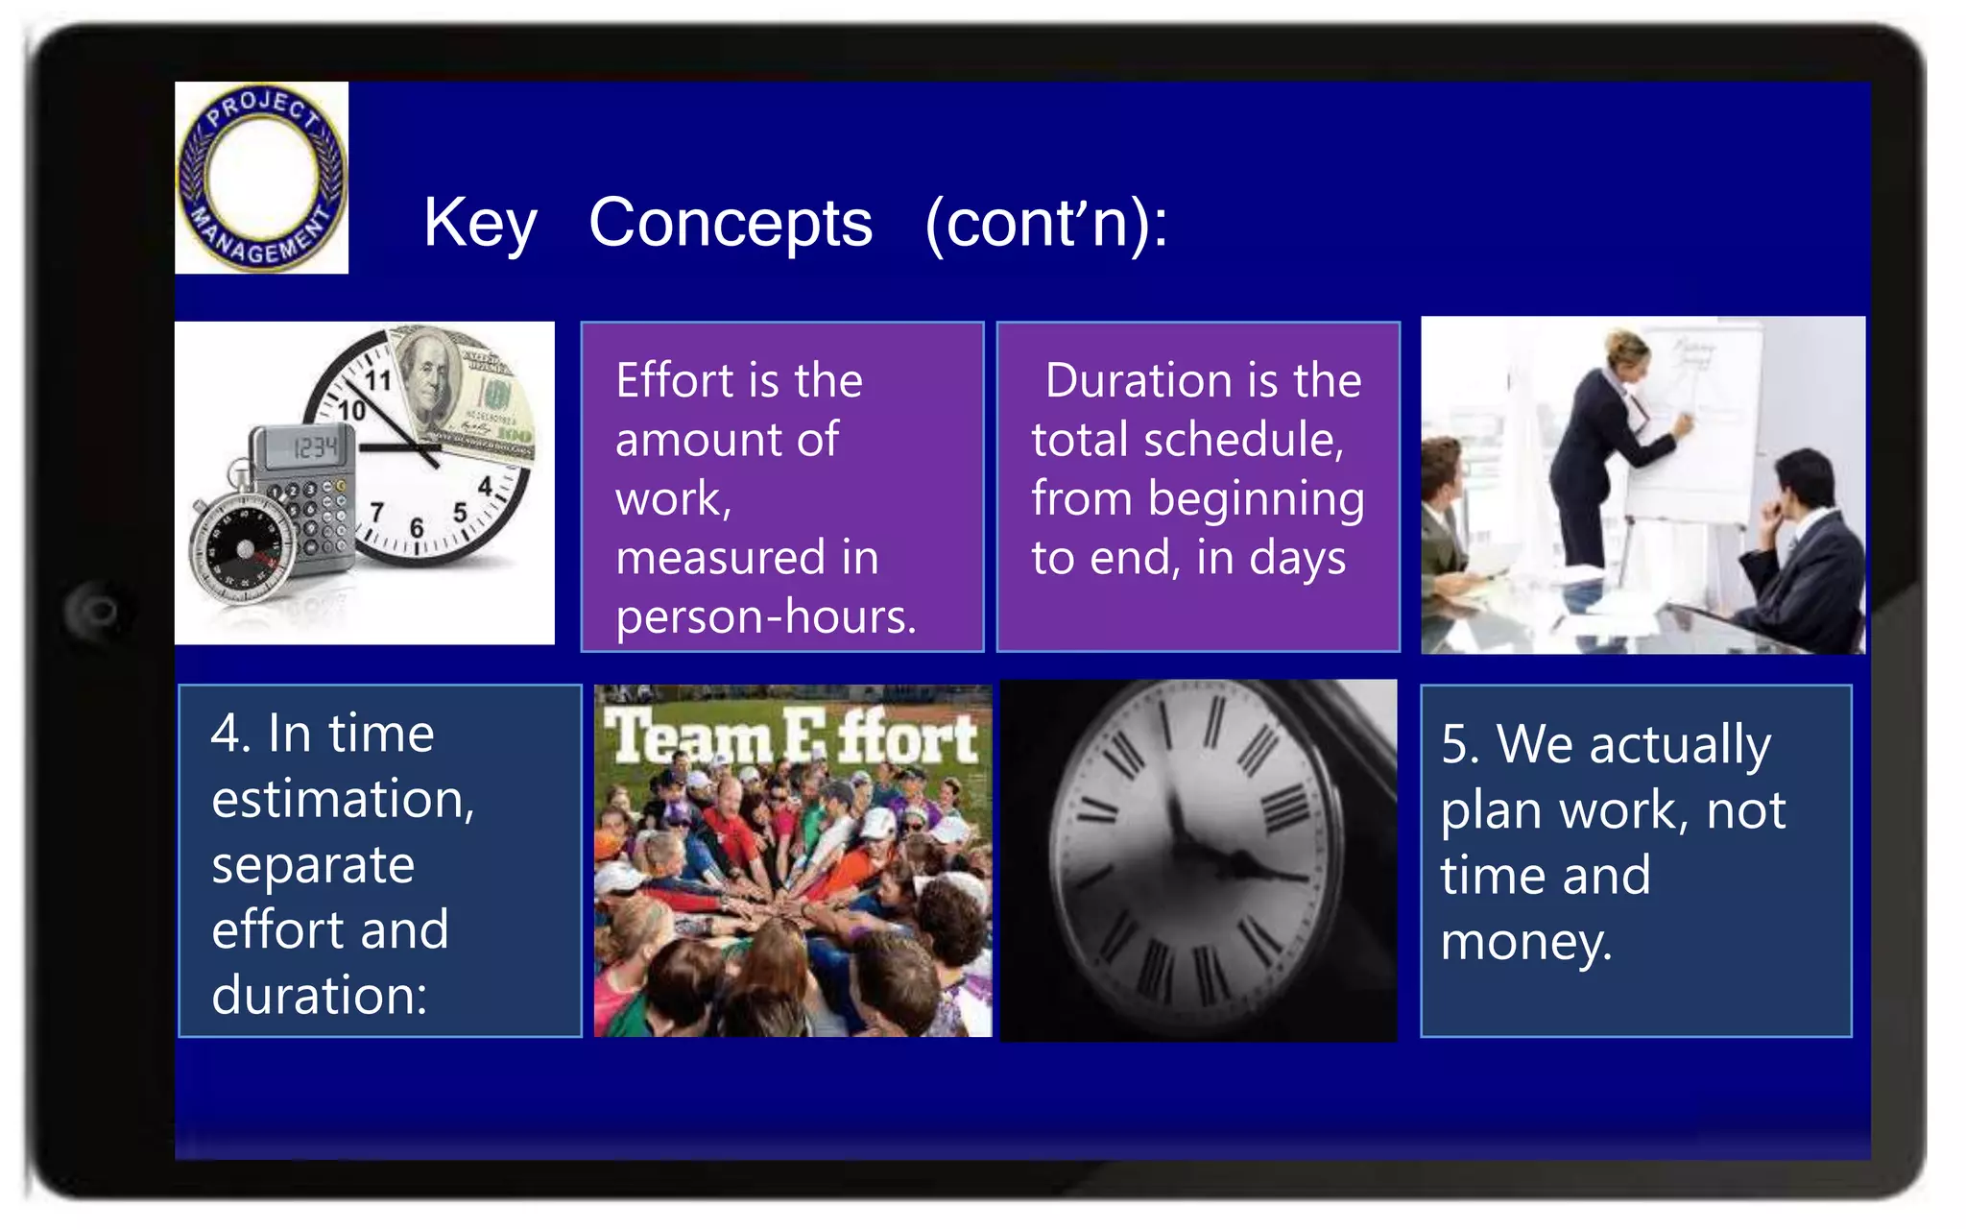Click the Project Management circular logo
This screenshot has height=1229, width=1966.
[261, 178]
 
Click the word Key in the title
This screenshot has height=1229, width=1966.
[479, 223]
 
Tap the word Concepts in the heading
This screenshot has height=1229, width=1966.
[730, 223]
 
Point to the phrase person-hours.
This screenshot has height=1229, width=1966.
[765, 616]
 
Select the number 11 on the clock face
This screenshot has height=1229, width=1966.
[377, 380]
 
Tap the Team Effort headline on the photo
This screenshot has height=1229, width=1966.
[792, 737]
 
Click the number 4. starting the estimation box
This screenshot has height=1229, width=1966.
[230, 735]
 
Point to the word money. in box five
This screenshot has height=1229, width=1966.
[1526, 941]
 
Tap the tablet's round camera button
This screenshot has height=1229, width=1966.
[98, 611]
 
